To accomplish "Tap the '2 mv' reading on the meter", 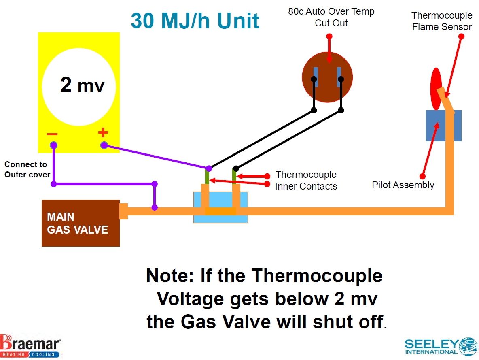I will coord(82,85).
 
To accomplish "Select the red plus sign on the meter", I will coord(103,132).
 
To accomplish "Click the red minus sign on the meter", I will coord(52,134).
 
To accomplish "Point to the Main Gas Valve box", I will coord(81,223).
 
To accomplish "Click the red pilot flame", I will coord(436,88).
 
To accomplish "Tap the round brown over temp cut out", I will coord(327,77).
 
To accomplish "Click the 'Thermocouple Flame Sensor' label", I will coord(442,21).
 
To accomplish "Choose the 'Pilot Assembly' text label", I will coord(403,185).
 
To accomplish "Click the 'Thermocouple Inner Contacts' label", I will coord(306,180).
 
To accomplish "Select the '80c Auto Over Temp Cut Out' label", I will coord(331,17).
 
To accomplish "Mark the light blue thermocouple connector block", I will coord(220,207).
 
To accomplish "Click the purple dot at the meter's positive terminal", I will coord(104,145).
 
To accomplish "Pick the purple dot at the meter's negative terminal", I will coord(53,145).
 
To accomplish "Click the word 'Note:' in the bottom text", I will coord(170,276).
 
